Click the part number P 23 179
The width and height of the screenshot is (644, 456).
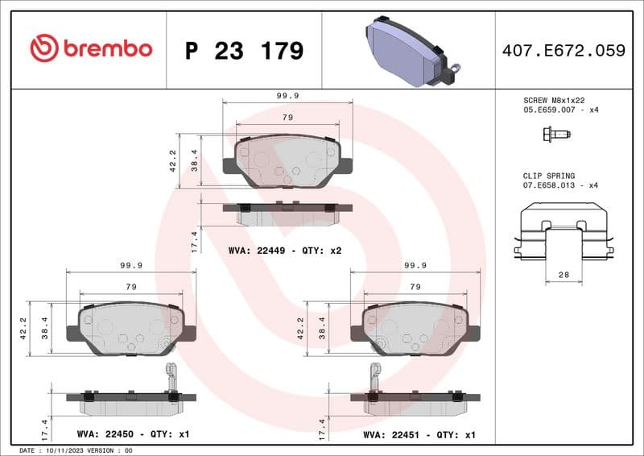pos(244,51)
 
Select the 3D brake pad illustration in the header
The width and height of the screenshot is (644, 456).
pos(408,50)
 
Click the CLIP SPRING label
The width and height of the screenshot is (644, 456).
pos(549,176)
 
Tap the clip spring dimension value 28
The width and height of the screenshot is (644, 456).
pos(563,276)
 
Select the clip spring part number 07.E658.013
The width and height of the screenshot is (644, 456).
pos(551,185)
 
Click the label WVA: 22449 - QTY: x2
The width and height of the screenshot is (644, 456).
pos(285,251)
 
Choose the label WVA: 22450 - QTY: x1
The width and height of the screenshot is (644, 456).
pos(133,434)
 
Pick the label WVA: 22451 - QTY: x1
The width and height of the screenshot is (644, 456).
pos(419,434)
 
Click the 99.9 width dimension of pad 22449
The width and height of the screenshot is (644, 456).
pos(287,96)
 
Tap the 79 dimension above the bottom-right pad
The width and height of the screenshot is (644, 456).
pos(415,287)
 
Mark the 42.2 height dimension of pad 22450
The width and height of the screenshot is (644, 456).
pos(23,327)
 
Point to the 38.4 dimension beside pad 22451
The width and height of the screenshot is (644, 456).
pos(324,328)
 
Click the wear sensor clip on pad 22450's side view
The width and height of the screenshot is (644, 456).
pos(170,377)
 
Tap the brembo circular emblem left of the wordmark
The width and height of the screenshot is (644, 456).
pos(43,48)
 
